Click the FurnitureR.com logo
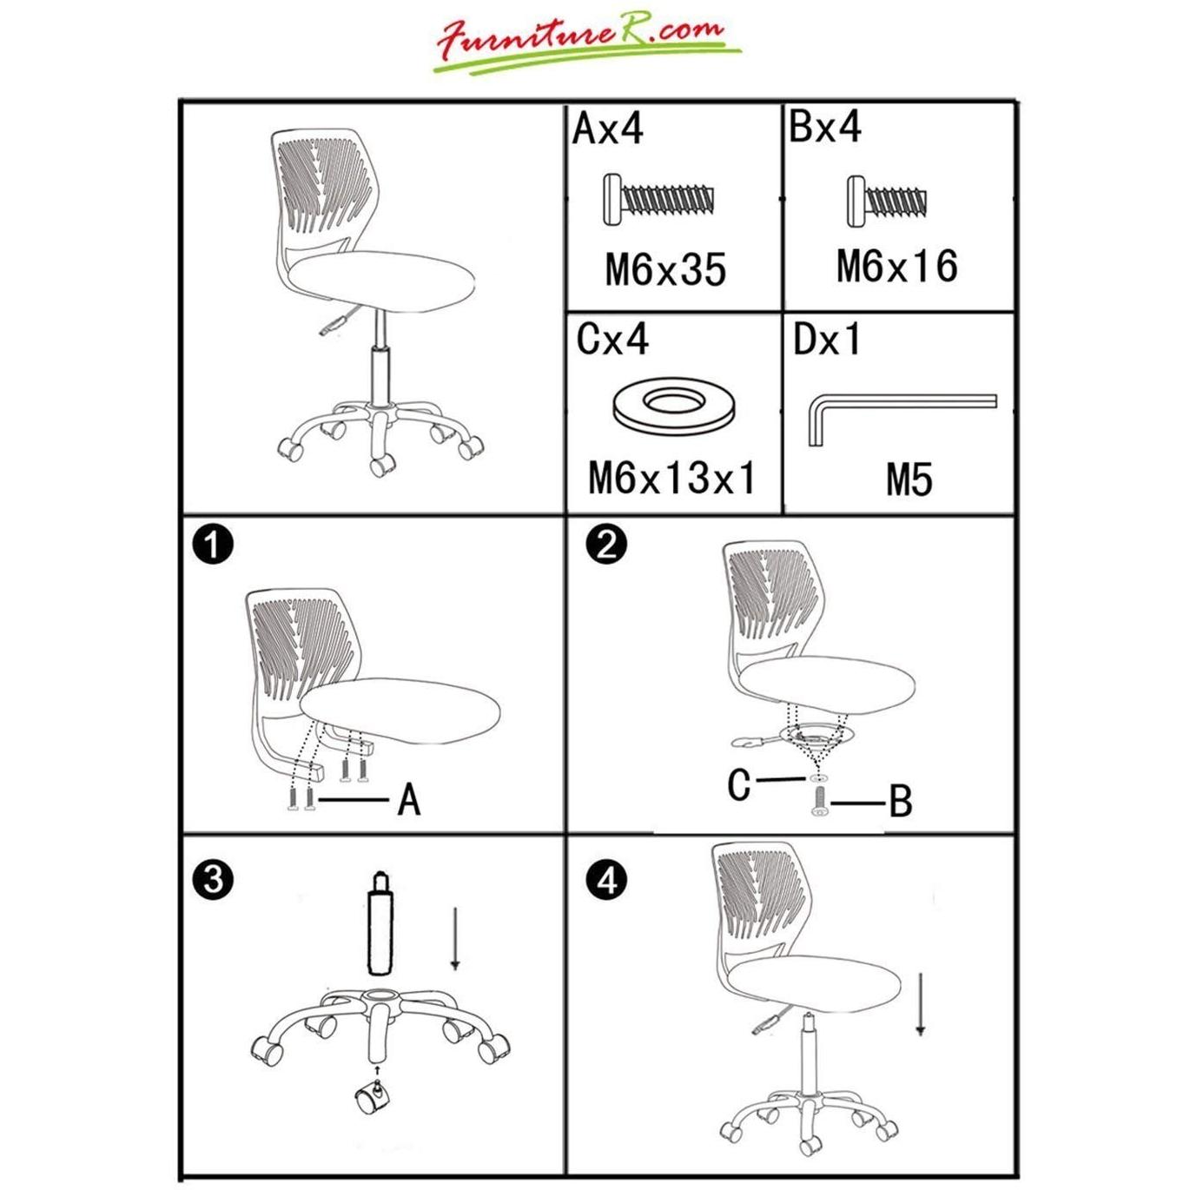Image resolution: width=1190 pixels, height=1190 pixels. pyautogui.click(x=586, y=46)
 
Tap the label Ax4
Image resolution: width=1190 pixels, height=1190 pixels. pyautogui.click(x=608, y=129)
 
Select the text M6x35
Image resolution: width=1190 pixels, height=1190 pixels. pyautogui.click(x=665, y=270)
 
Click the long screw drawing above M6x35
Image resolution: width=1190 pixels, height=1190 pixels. pyautogui.click(x=658, y=201)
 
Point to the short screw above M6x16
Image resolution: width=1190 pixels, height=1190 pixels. pyautogui.click(x=887, y=202)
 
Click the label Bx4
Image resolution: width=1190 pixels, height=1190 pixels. pyautogui.click(x=826, y=127)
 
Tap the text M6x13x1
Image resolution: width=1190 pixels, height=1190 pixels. pyautogui.click(x=672, y=478)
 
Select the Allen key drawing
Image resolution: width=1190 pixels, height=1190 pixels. pyautogui.click(x=902, y=418)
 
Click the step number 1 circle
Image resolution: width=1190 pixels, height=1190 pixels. pyautogui.click(x=213, y=545)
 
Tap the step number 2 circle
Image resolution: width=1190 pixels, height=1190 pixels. pyautogui.click(x=606, y=545)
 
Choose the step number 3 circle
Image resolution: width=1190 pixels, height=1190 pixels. pyautogui.click(x=213, y=878)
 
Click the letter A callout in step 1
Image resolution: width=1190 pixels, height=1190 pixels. pyautogui.click(x=409, y=800)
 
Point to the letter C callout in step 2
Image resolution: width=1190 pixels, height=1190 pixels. pyautogui.click(x=738, y=784)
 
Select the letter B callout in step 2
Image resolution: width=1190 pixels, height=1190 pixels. pyautogui.click(x=900, y=802)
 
